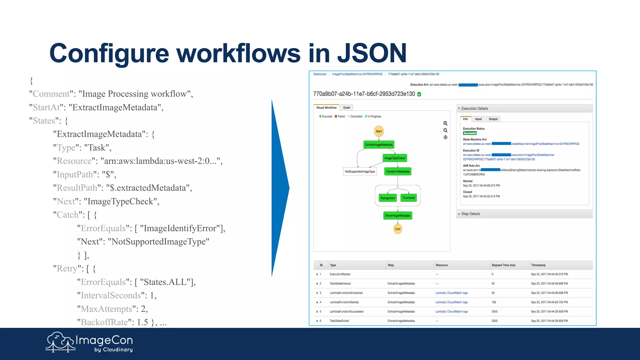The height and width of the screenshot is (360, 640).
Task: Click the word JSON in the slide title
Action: [372, 53]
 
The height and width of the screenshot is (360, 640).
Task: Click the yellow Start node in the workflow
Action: [379, 131]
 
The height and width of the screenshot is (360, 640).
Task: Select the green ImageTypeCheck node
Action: [395, 158]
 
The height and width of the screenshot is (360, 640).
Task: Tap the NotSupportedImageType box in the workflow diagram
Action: [360, 172]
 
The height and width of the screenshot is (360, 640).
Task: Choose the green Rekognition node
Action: [387, 198]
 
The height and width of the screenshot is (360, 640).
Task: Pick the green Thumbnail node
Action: [408, 198]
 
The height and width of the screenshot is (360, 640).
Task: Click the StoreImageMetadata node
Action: [397, 216]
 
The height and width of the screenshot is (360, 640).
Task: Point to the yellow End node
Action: [397, 229]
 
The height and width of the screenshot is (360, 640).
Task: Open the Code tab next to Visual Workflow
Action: [347, 108]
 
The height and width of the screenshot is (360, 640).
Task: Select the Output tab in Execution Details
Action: [493, 119]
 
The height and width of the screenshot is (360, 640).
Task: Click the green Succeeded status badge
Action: [470, 133]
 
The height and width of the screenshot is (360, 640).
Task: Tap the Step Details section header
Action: [471, 214]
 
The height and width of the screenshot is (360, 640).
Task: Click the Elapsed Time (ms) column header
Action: [503, 265]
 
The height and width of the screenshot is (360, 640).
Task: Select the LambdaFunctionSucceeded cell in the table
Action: [346, 312]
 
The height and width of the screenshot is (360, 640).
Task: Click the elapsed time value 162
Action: [494, 302]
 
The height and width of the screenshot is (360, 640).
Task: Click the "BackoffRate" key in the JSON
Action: [104, 322]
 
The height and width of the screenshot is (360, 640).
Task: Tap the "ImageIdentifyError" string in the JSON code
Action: [180, 228]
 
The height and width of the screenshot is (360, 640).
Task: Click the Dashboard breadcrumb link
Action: [320, 74]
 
